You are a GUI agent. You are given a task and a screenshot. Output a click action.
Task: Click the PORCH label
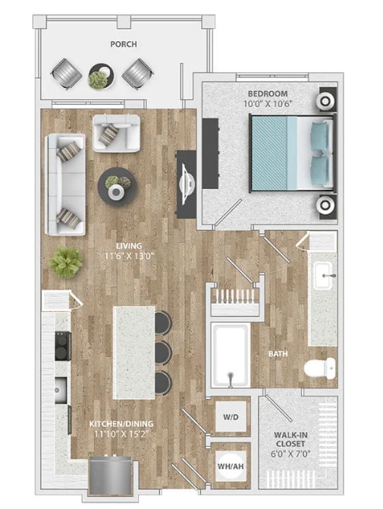123,44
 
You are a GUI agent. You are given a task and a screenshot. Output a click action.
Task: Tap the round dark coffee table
118,185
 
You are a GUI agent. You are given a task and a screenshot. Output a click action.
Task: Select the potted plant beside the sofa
66,262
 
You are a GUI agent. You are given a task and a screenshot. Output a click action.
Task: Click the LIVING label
121,246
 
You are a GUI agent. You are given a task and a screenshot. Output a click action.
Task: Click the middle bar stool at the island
163,351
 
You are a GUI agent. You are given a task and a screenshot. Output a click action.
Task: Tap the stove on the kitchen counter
60,349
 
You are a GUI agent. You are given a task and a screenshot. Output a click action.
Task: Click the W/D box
229,416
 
